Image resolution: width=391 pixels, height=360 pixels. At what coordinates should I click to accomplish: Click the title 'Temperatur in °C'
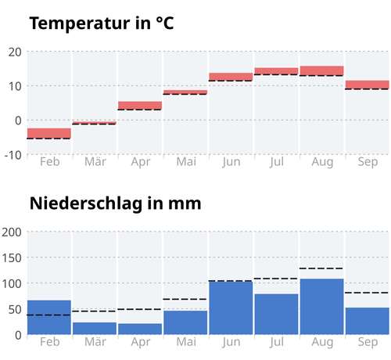(x=102, y=23)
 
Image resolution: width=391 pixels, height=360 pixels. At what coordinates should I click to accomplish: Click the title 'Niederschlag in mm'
(x=116, y=203)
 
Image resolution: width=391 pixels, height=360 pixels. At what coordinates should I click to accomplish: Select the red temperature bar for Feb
(x=49, y=133)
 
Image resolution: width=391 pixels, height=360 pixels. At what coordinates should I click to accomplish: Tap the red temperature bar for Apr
(x=140, y=106)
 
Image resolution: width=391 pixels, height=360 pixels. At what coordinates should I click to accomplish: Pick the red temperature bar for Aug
(x=322, y=70)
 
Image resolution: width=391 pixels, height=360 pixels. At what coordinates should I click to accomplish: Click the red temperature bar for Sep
(x=368, y=85)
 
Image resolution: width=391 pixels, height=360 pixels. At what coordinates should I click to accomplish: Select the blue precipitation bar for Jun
(x=231, y=308)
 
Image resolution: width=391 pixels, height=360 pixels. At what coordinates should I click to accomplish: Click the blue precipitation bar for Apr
(x=140, y=329)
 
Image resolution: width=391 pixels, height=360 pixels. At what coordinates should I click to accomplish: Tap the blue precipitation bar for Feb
(x=49, y=317)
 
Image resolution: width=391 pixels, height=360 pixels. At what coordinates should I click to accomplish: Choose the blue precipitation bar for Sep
(x=368, y=321)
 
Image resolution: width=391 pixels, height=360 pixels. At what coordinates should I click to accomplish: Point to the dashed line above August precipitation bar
(x=322, y=268)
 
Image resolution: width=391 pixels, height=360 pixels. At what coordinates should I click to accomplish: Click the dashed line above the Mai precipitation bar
(x=185, y=299)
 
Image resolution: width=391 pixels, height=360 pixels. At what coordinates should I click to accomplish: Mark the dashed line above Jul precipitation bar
(x=276, y=279)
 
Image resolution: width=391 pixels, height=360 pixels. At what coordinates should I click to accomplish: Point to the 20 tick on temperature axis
(x=15, y=52)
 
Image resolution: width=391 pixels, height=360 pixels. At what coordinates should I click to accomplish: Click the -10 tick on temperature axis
(x=13, y=155)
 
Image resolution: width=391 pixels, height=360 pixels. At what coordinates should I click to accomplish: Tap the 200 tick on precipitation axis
(x=12, y=232)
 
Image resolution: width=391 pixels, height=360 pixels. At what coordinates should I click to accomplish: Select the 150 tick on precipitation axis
(x=12, y=257)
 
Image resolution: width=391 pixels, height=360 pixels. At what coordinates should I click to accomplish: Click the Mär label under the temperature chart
(x=95, y=162)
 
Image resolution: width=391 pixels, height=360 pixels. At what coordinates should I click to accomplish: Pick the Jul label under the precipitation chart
(x=277, y=342)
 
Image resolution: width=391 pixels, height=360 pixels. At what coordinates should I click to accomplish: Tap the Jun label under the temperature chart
(x=231, y=162)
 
